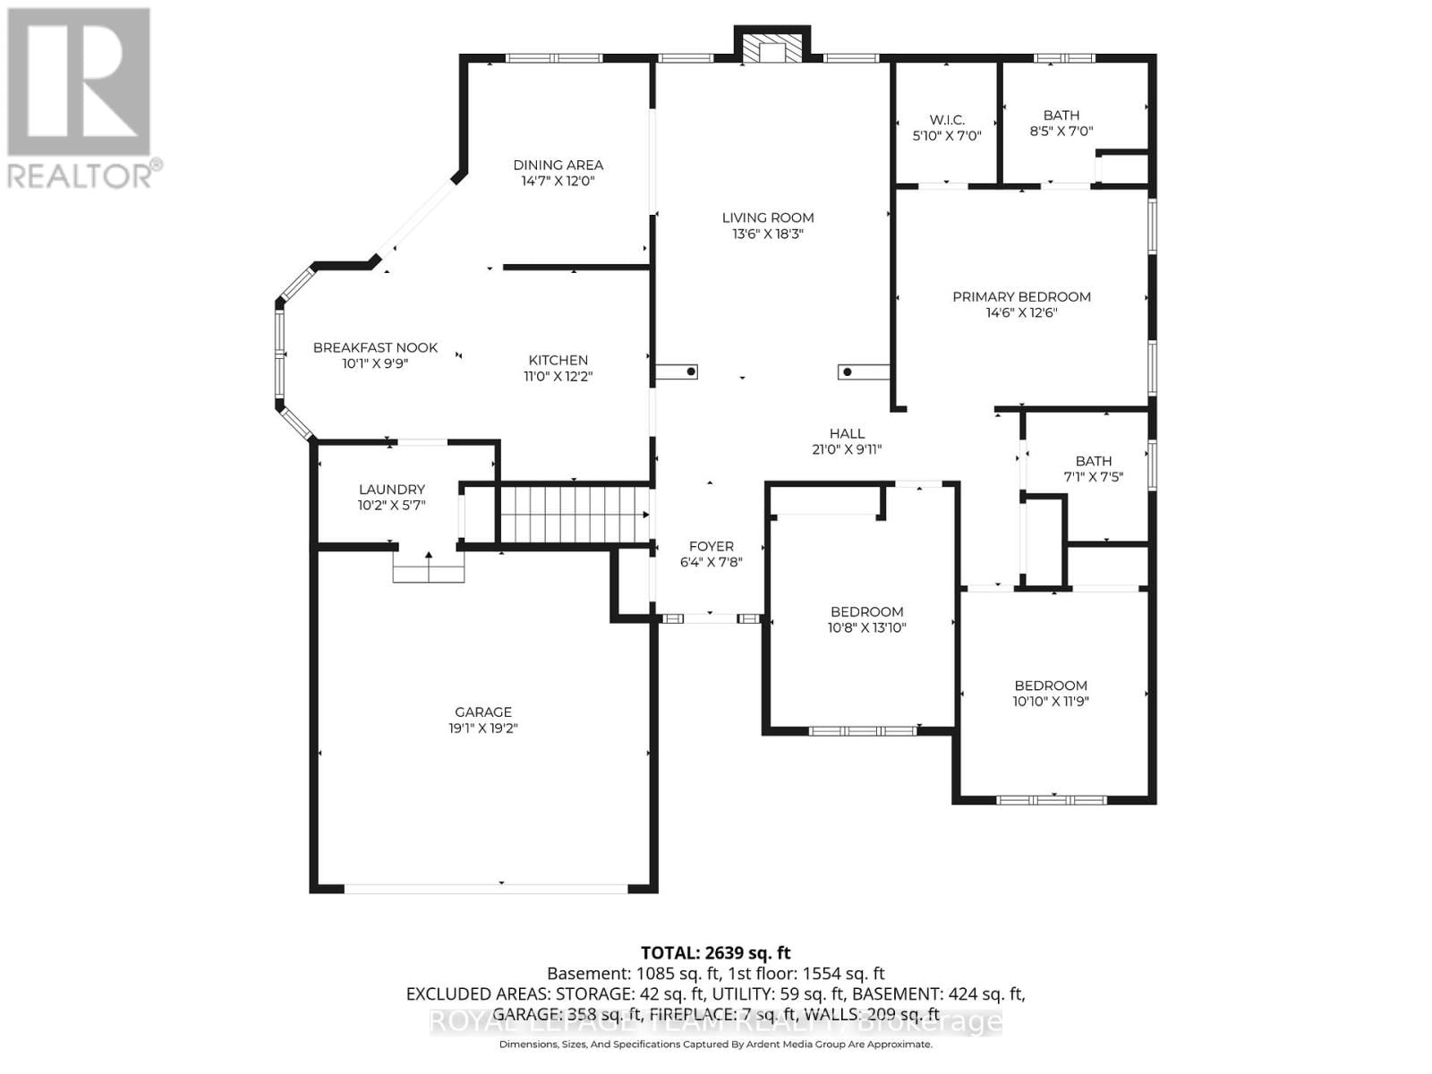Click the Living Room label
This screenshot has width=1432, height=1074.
(x=768, y=217)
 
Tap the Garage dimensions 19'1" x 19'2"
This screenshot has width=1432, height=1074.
(x=483, y=729)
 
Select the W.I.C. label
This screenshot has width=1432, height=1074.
(x=946, y=120)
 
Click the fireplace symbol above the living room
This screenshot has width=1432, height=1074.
(x=771, y=49)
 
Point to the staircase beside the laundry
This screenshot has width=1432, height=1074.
(x=573, y=514)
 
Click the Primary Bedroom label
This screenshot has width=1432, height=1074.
(x=1021, y=297)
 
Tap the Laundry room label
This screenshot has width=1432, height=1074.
(x=391, y=490)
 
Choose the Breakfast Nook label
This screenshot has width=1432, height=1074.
(x=375, y=347)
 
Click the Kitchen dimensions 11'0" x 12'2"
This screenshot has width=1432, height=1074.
(x=558, y=377)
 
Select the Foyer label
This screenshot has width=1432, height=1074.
(x=711, y=546)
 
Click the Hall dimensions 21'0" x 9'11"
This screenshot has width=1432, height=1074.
(x=847, y=450)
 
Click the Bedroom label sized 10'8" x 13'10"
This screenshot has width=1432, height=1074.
(x=866, y=612)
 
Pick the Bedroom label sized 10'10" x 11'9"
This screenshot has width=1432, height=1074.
(x=1051, y=686)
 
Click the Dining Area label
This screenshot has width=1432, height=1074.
(x=558, y=165)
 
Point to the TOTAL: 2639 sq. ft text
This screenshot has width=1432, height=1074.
(x=715, y=953)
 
